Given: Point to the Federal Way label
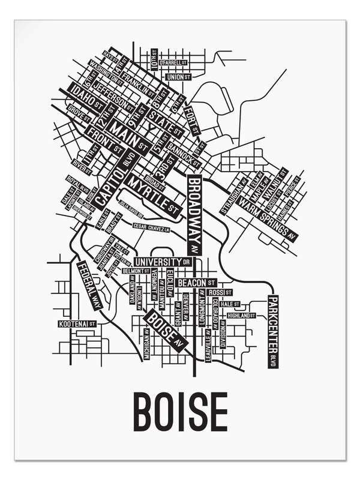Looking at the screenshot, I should [x=89, y=284].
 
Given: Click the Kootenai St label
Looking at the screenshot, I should [x=77, y=324].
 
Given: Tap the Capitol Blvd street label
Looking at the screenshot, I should [x=118, y=178].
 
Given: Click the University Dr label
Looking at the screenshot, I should [x=163, y=262].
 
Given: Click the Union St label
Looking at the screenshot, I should [x=178, y=77].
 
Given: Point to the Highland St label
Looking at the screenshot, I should [x=241, y=315].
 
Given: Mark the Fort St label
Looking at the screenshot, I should [x=191, y=119].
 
